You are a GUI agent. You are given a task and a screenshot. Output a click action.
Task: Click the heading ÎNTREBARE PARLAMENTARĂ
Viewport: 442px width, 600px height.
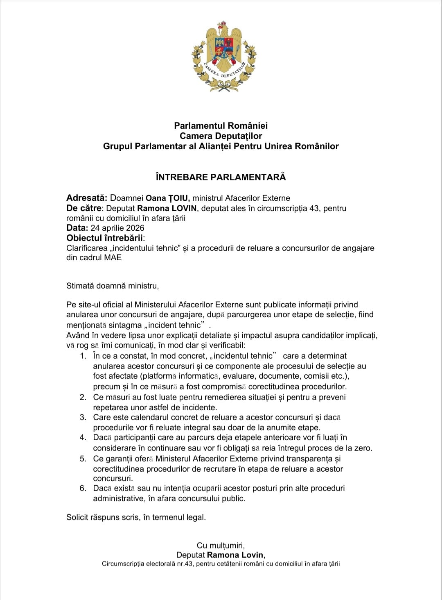click(x=221, y=177)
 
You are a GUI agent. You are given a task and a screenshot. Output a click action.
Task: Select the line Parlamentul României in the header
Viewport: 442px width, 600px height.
click(x=221, y=125)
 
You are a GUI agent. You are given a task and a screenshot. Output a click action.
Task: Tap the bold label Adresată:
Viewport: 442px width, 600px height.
click(x=87, y=198)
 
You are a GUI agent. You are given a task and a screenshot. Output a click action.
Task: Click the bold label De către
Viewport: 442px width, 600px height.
click(x=83, y=208)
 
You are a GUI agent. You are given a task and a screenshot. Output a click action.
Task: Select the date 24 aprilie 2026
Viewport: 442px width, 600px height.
click(x=117, y=228)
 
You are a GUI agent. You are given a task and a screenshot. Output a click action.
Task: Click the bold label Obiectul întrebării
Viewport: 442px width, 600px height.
click(x=105, y=238)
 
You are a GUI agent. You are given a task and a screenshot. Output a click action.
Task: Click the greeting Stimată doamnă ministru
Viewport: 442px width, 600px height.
click(x=113, y=286)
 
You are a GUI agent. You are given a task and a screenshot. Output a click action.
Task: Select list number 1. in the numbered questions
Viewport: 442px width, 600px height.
click(x=83, y=356)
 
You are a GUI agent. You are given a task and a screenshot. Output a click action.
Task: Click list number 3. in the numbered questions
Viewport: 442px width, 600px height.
click(x=83, y=418)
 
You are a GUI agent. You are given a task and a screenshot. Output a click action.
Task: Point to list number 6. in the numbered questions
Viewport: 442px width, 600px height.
click(x=83, y=488)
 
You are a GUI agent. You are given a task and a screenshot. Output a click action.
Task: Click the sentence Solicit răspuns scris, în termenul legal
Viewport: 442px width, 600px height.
click(x=136, y=517)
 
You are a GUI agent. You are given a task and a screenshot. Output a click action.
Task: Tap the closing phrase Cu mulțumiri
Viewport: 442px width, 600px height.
click(x=221, y=545)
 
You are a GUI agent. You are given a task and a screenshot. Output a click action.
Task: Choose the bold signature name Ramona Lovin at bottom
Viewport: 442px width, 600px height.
click(x=235, y=555)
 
